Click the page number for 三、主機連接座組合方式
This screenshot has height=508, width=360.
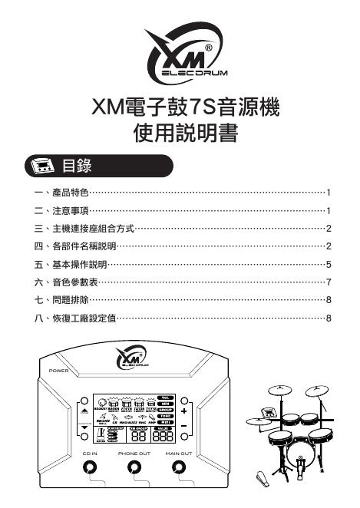click(x=328, y=228)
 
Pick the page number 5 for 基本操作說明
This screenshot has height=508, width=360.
click(x=328, y=264)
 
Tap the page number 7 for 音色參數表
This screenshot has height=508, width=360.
click(x=328, y=282)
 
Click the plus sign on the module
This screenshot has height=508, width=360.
click(x=184, y=411)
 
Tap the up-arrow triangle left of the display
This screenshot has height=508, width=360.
click(x=84, y=411)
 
